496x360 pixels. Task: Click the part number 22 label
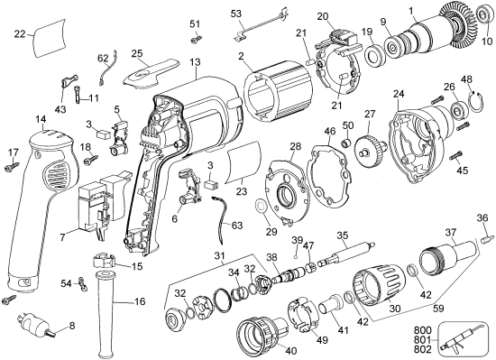[21, 33]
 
